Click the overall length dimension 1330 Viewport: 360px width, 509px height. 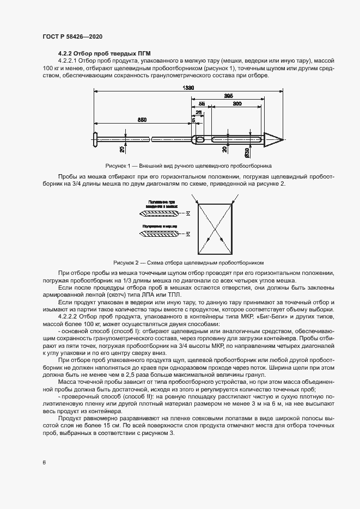(188, 88)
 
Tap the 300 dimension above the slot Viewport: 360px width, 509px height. (237, 103)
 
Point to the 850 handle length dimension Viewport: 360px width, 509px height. (142, 119)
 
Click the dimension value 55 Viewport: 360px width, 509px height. (202, 103)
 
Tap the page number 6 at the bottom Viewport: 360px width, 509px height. (44, 463)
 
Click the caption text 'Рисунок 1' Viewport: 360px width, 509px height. (119, 165)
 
